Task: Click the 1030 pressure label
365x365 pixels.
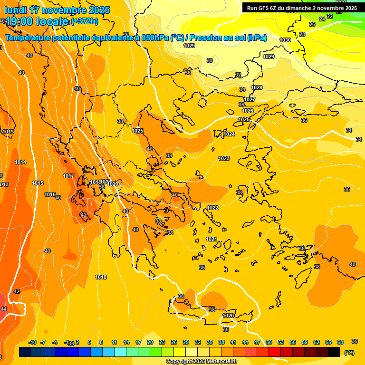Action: (x=285, y=40)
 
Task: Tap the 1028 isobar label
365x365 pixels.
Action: (x=257, y=87)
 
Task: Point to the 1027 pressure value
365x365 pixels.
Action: (x=250, y=99)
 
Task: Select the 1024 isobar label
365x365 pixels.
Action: (x=229, y=134)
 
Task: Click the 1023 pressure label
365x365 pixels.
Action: (x=224, y=158)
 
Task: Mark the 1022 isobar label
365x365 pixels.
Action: (x=212, y=208)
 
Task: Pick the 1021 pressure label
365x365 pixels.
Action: (x=211, y=239)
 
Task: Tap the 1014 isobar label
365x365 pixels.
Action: (x=20, y=162)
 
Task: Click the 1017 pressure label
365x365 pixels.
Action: (x=68, y=176)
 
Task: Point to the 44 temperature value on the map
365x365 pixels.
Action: (x=4, y=309)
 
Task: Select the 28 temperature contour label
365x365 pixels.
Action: (x=302, y=34)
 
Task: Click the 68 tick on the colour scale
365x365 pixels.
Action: (x=340, y=342)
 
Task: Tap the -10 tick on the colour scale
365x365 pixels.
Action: (x=33, y=342)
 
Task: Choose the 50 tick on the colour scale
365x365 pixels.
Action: (x=269, y=342)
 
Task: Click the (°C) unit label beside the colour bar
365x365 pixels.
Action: (x=349, y=353)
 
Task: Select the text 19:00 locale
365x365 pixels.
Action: (x=37, y=21)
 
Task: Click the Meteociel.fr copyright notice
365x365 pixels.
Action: (x=202, y=362)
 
